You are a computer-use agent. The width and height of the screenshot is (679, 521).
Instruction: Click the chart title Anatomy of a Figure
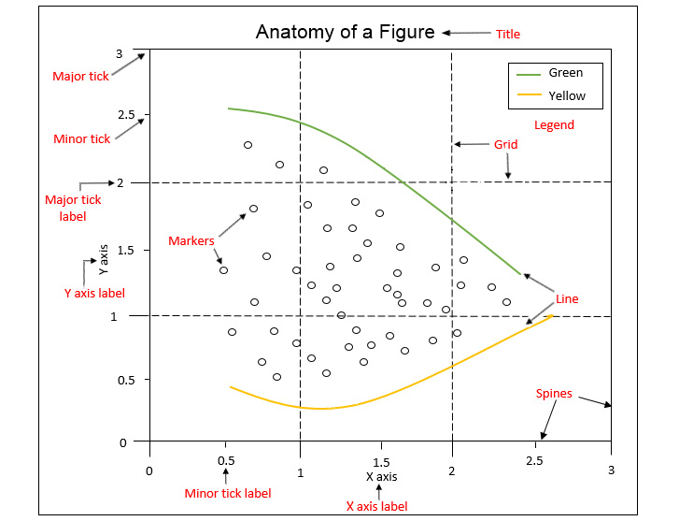pyautogui.click(x=346, y=32)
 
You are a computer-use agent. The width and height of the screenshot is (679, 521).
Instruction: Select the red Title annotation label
pyautogui.click(x=508, y=34)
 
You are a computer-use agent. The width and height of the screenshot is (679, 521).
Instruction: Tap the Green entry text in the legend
pyautogui.click(x=566, y=73)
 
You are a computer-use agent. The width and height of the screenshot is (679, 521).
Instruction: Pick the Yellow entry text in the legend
pyautogui.click(x=568, y=95)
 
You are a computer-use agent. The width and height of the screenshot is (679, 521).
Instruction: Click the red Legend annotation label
pyautogui.click(x=554, y=124)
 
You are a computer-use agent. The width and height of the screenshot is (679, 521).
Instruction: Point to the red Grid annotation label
pyautogui.click(x=505, y=145)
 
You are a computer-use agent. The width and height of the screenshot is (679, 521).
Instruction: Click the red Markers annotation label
pyautogui.click(x=191, y=241)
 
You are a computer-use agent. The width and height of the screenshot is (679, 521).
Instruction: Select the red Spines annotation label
pyautogui.click(x=554, y=394)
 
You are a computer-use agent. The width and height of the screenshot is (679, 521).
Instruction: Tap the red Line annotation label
pyautogui.click(x=567, y=299)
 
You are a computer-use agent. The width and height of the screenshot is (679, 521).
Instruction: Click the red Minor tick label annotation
pyautogui.click(x=228, y=493)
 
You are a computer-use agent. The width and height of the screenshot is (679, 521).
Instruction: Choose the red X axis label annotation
pyautogui.click(x=376, y=506)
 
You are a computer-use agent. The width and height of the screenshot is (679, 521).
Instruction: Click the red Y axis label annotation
pyautogui.click(x=94, y=293)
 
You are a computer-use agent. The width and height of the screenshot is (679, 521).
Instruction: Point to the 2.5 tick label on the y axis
pyautogui.click(x=126, y=116)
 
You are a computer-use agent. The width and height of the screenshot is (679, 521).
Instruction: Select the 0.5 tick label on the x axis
pyautogui.click(x=226, y=461)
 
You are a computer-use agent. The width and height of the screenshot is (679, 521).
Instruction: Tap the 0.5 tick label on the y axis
pyautogui.click(x=126, y=380)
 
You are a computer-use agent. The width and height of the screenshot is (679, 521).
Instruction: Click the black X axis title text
pyautogui.click(x=381, y=477)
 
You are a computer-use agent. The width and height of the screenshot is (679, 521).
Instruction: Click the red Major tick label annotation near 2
pyautogui.click(x=73, y=208)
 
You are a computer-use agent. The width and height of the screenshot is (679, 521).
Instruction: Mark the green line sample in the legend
pyautogui.click(x=528, y=73)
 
